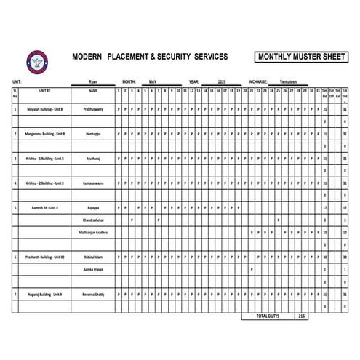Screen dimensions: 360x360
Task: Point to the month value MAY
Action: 153,82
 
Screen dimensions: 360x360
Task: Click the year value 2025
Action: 223,82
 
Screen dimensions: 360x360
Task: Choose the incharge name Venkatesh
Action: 284,82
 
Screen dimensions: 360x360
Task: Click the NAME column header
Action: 93,92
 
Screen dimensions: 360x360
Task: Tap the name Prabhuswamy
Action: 93,109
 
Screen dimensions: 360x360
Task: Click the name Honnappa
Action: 93,134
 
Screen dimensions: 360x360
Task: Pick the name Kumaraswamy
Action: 93,183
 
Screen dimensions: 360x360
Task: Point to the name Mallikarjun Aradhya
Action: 93,232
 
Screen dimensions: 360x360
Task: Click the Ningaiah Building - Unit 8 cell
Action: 44,109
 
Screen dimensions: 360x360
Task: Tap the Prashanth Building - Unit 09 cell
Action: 44,257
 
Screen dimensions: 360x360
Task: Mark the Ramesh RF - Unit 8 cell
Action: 44,207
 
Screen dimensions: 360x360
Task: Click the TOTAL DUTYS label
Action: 267,317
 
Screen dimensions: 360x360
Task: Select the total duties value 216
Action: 301,317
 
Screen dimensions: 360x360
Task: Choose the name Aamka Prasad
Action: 93,269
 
